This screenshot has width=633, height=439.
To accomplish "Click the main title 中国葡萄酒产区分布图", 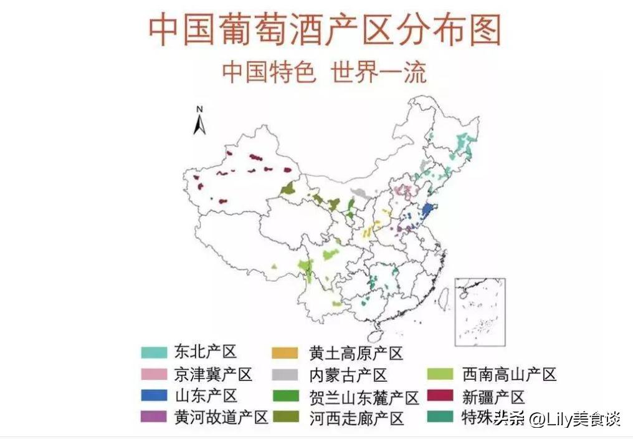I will point(325,30).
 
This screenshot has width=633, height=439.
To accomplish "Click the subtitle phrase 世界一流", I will point(379,72).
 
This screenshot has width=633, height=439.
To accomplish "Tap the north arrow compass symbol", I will point(199,121).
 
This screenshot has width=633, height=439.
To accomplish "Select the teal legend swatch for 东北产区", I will point(154,352).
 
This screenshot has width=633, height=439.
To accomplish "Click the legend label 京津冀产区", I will point(213,374).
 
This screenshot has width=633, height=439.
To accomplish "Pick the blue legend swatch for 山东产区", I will point(154,395).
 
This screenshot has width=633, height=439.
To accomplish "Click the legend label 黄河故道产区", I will point(221,417).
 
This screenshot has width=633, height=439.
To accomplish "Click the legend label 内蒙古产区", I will point(348,375).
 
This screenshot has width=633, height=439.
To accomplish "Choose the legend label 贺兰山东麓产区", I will point(364,397).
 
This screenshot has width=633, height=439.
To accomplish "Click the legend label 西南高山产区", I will point(509,374).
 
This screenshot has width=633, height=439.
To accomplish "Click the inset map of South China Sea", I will point(480,312).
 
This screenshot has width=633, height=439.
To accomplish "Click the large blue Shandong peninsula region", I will point(427,210).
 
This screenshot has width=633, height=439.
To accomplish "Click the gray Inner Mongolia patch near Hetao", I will point(359,193).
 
